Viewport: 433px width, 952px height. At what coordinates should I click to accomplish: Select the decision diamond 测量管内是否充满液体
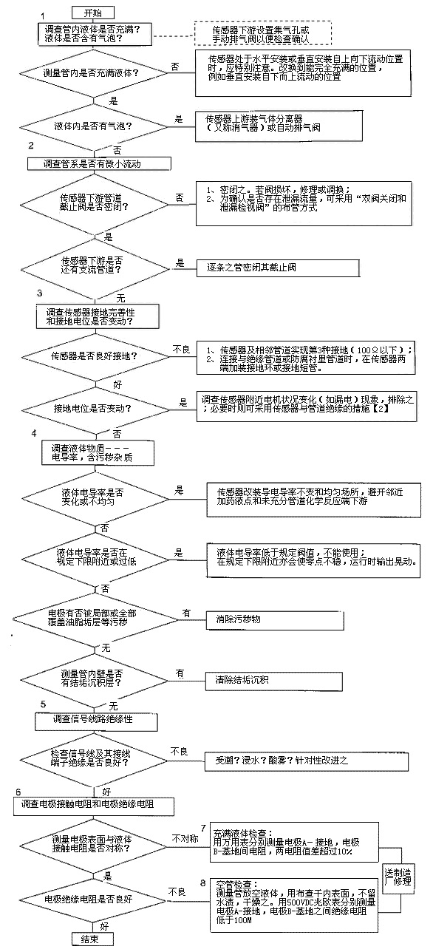(92, 74)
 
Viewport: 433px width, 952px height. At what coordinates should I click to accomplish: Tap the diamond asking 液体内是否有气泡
(92, 123)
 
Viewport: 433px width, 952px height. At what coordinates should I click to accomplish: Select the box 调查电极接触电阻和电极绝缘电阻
(92, 803)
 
